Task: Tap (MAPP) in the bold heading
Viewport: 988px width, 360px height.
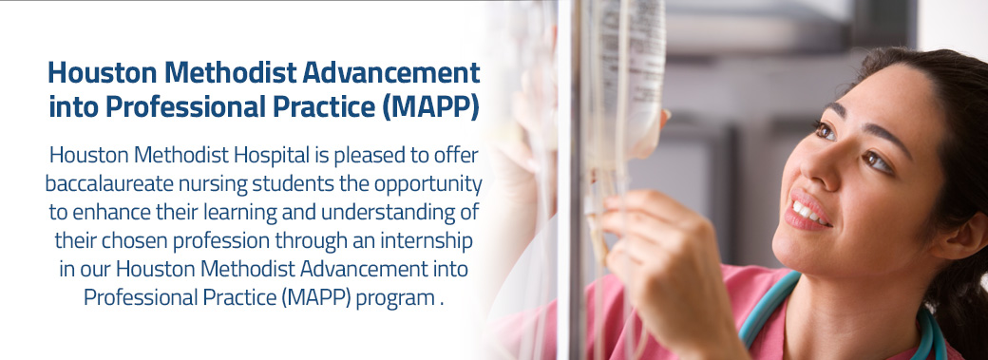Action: [x=430, y=108]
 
